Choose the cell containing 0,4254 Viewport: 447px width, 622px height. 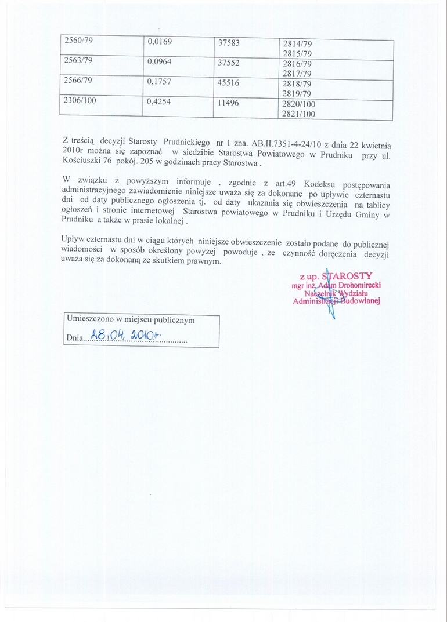click(160, 102)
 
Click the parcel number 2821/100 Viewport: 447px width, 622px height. click(299, 114)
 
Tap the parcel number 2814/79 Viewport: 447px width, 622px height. click(297, 43)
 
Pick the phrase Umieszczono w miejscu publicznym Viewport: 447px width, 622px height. click(131, 319)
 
